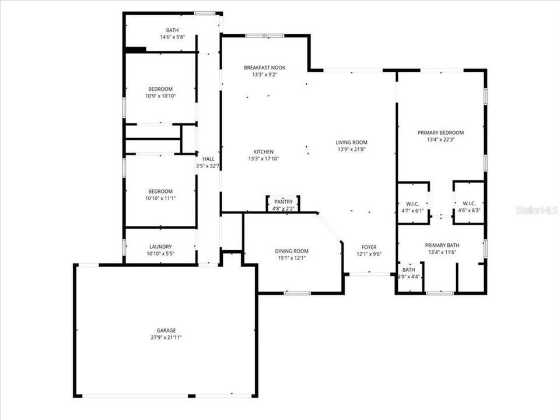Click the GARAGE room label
click(x=166, y=330)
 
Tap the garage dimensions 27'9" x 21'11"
click(x=166, y=337)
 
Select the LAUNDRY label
click(x=160, y=247)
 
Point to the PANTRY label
click(x=283, y=201)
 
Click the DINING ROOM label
click(x=292, y=251)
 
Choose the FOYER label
click(x=369, y=247)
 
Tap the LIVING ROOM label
click(x=351, y=142)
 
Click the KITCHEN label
click(x=263, y=152)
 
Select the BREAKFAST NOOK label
click(x=264, y=68)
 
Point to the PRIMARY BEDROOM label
click(x=440, y=133)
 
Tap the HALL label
click(x=208, y=159)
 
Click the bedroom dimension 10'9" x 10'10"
click(x=160, y=96)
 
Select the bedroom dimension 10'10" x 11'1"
click(x=160, y=198)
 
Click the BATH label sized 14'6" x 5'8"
click(x=172, y=30)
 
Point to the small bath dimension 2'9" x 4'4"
click(x=408, y=276)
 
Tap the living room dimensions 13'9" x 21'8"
click(x=351, y=149)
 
